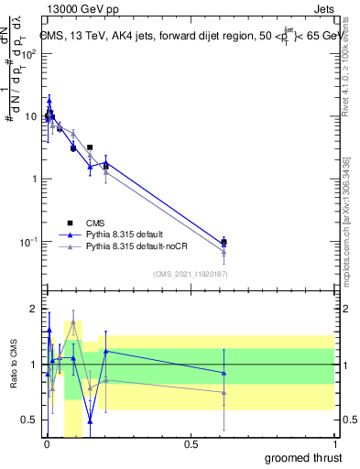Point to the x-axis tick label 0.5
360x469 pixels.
pyautogui.click(x=190, y=443)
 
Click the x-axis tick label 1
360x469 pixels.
pyautogui.click(x=334, y=443)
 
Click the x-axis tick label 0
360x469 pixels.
pyautogui.click(x=46, y=443)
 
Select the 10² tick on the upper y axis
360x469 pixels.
pyautogui.click(x=30, y=52)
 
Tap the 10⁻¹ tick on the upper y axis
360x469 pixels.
pyautogui.click(x=30, y=242)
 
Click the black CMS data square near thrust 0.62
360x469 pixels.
pyautogui.click(x=224, y=243)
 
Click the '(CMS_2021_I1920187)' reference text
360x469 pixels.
pyautogui.click(x=190, y=273)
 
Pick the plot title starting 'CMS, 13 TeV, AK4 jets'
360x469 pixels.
pyautogui.click(x=188, y=37)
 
